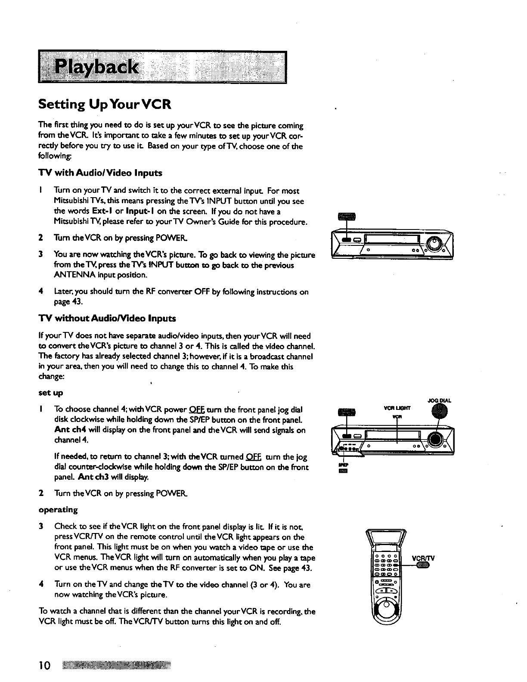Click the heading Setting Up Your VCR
tap(105, 104)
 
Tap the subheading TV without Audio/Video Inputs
tap(107, 319)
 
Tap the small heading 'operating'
tap(58, 510)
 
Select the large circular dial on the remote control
tap(386, 611)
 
